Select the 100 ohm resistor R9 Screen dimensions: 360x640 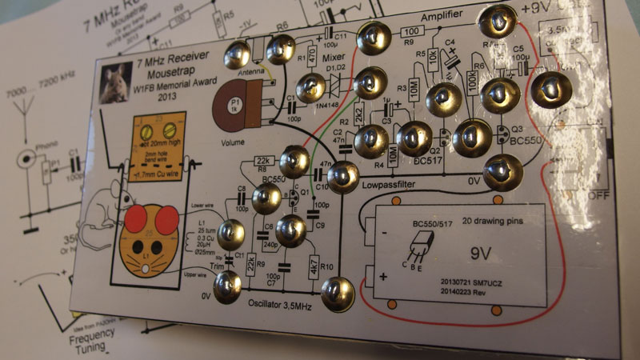click(408, 33)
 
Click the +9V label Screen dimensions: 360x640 click(538, 10)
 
